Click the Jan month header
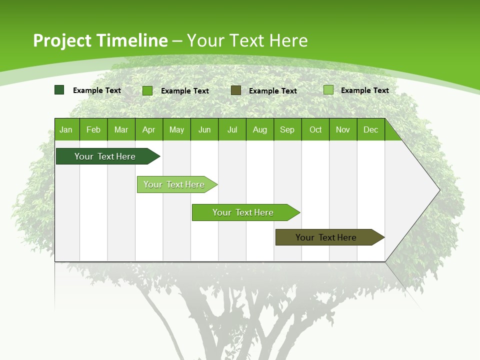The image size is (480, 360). pyautogui.click(x=66, y=130)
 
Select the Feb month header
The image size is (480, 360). pyautogui.click(x=93, y=130)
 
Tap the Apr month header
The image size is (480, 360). pyautogui.click(x=148, y=130)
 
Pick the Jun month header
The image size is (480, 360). pyautogui.click(x=204, y=130)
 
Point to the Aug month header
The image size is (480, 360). pyautogui.click(x=259, y=130)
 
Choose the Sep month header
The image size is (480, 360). pyautogui.click(x=287, y=130)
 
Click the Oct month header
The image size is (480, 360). pyautogui.click(x=315, y=130)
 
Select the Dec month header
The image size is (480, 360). pyautogui.click(x=370, y=130)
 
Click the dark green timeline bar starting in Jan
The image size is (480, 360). pyautogui.click(x=105, y=156)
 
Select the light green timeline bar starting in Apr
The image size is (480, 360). pyautogui.click(x=174, y=184)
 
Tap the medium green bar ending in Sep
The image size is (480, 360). pyautogui.click(x=243, y=212)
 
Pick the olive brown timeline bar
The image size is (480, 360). pyautogui.click(x=326, y=237)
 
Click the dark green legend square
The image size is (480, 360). pyautogui.click(x=59, y=90)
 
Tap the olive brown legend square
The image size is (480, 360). pyautogui.click(x=236, y=90)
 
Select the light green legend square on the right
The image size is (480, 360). pyautogui.click(x=328, y=90)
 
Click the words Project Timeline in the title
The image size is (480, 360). pyautogui.click(x=100, y=40)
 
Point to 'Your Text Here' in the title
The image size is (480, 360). pyautogui.click(x=247, y=40)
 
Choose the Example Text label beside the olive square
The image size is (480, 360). pyautogui.click(x=273, y=91)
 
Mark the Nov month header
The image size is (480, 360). pyautogui.click(x=343, y=130)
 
